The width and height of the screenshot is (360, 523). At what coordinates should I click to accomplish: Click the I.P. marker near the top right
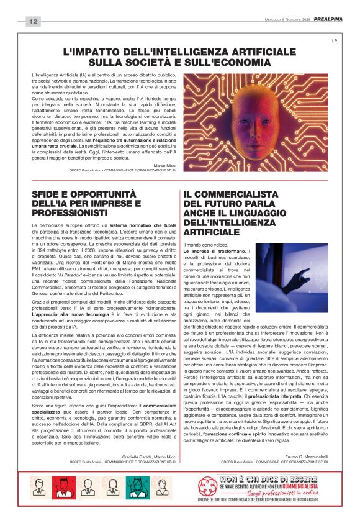pos(333,41)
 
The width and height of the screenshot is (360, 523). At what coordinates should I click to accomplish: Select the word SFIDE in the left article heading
pos(46,194)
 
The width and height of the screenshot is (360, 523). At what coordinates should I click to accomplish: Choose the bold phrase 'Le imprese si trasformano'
pos(211,250)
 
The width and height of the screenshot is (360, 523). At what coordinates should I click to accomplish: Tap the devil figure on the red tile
pos(61,487)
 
